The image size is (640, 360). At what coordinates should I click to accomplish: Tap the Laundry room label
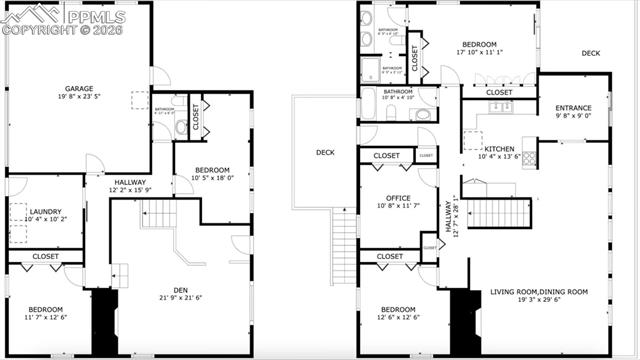(46, 211)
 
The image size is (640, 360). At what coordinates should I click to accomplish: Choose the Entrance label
(573, 108)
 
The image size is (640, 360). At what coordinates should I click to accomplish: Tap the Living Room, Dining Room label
(539, 292)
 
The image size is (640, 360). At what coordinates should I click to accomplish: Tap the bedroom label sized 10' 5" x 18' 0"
(211, 169)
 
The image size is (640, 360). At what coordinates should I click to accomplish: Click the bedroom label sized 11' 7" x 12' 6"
(46, 309)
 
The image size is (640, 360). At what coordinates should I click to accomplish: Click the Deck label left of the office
(325, 152)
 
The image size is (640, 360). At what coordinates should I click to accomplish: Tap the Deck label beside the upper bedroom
(591, 53)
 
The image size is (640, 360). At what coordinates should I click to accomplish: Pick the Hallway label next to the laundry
(130, 181)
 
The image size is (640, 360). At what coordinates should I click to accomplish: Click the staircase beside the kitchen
(491, 212)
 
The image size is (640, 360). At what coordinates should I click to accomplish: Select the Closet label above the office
(386, 156)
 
